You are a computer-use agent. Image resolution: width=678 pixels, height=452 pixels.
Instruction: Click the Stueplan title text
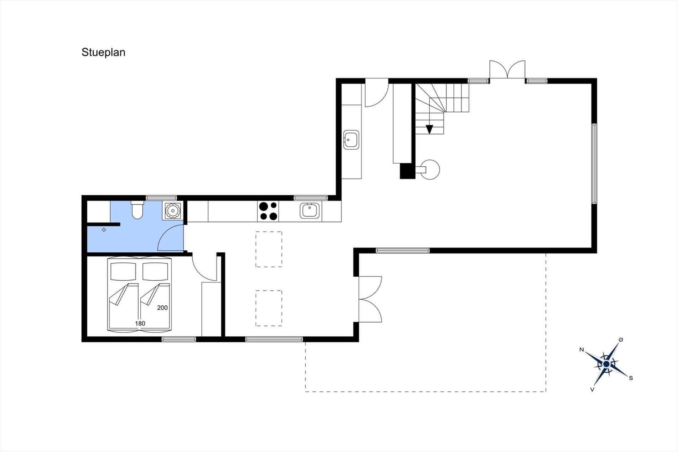(x=103, y=53)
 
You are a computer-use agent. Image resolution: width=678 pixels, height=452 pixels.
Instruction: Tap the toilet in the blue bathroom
(x=137, y=209)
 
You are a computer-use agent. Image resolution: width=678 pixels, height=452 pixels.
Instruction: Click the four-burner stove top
(x=268, y=211)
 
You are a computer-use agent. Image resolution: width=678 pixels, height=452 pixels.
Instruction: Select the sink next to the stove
(x=310, y=211)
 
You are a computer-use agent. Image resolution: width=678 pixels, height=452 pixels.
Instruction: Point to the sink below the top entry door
(x=351, y=140)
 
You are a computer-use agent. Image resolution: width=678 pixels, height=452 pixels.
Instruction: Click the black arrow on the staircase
(x=429, y=129)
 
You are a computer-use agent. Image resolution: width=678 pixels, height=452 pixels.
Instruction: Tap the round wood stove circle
(x=430, y=170)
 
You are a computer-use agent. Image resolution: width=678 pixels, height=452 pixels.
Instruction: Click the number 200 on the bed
(x=162, y=308)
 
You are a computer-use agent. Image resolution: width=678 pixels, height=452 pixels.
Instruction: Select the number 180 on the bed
(x=140, y=324)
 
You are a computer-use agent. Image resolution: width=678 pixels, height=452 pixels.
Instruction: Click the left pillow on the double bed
(x=123, y=271)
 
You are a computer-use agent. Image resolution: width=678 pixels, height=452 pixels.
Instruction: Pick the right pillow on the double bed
(x=155, y=271)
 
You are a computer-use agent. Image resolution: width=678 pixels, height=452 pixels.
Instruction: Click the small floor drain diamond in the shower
(x=104, y=230)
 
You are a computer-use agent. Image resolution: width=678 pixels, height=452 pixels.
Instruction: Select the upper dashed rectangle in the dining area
(x=269, y=249)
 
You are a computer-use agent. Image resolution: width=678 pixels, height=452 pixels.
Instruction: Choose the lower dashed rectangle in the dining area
(x=269, y=308)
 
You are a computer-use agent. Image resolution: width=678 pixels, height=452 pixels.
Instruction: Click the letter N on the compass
(x=581, y=350)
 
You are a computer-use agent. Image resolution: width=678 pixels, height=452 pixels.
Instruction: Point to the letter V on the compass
(x=592, y=390)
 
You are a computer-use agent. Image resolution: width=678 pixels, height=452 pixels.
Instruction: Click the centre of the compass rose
(x=606, y=364)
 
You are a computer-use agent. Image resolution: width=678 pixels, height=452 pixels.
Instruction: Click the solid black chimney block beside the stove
(x=407, y=171)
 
